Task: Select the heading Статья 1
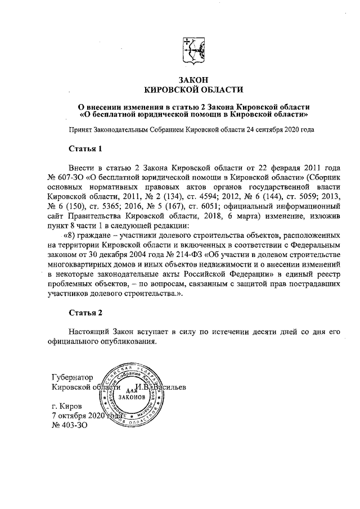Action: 85,150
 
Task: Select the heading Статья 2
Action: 85,312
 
